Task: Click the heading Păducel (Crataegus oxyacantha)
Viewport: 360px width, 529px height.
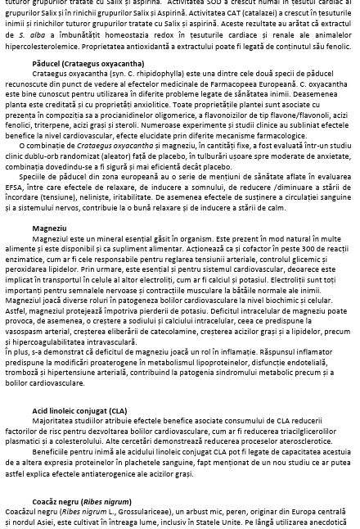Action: point(76,62)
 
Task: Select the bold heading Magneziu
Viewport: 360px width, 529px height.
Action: point(49,228)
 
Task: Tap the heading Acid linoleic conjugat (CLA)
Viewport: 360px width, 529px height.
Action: point(79,410)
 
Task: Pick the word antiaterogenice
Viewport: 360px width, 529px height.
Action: point(97,473)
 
